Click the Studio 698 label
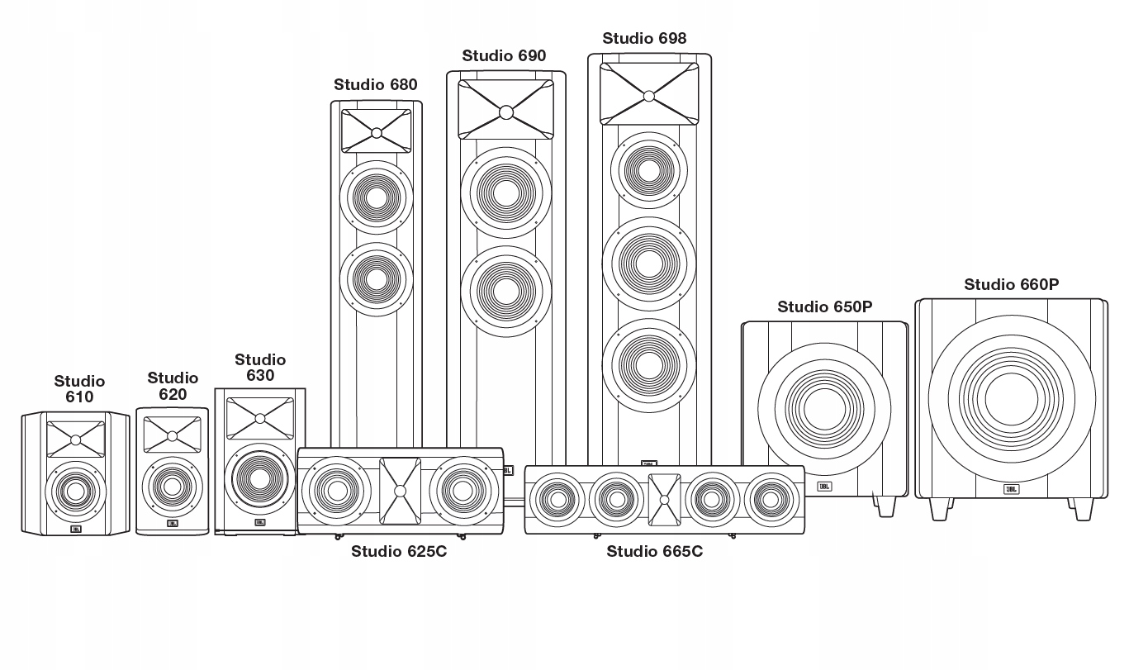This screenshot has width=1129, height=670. pyautogui.click(x=644, y=38)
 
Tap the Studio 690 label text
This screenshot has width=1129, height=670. pyautogui.click(x=504, y=55)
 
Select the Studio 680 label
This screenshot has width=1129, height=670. pyautogui.click(x=376, y=84)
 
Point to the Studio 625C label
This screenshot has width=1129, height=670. pyautogui.click(x=399, y=552)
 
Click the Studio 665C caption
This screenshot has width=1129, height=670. pyautogui.click(x=654, y=552)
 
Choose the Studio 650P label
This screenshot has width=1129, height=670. pyautogui.click(x=824, y=306)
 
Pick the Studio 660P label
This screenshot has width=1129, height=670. pyautogui.click(x=1011, y=284)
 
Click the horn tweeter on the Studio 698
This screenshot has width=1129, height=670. pyautogui.click(x=649, y=94)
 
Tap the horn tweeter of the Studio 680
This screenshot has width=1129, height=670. pyautogui.click(x=376, y=131)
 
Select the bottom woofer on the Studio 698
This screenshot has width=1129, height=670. pyautogui.click(x=648, y=365)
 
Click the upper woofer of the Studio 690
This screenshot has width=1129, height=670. pyautogui.click(x=506, y=192)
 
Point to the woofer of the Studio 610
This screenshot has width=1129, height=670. pyautogui.click(x=76, y=492)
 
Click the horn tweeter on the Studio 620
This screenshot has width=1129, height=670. pyautogui.click(x=173, y=435)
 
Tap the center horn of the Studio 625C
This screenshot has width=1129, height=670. pyautogui.click(x=401, y=491)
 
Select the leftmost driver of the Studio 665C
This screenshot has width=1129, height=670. pyautogui.click(x=557, y=500)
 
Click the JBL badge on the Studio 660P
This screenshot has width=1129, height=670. pyautogui.click(x=1011, y=489)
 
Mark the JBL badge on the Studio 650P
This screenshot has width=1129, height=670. pyautogui.click(x=824, y=487)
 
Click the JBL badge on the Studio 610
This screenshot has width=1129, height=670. pyautogui.click(x=76, y=529)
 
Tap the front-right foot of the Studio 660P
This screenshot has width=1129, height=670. pyautogui.click(x=1084, y=509)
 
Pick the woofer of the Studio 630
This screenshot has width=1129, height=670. pyautogui.click(x=259, y=477)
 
